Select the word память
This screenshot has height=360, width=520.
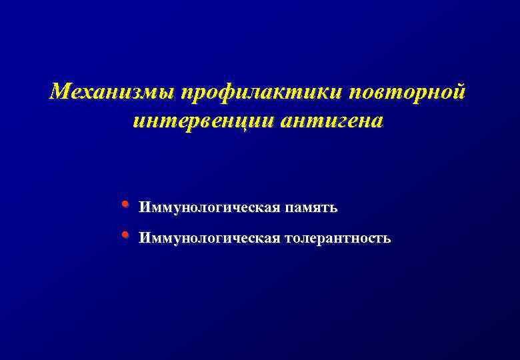tap(312, 208)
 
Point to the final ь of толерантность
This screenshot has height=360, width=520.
tap(387, 239)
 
